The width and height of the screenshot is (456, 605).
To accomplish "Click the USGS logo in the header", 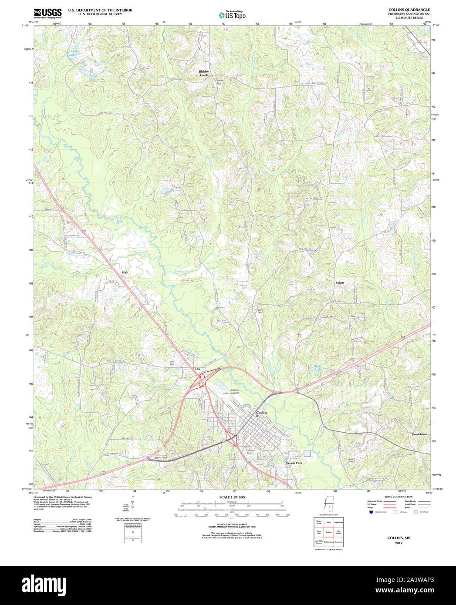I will [47, 13].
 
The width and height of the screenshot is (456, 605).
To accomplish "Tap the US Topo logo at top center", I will [232, 15].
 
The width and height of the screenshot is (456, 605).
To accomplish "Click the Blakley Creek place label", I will [204, 73].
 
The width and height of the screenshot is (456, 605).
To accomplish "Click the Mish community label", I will [125, 272].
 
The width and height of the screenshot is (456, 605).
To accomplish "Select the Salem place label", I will [339, 282].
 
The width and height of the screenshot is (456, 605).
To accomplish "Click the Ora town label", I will [198, 369].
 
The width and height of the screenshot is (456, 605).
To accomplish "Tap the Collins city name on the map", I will [261, 412].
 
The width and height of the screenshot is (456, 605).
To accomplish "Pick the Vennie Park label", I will [294, 463].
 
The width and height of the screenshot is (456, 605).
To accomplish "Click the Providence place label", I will [419, 434].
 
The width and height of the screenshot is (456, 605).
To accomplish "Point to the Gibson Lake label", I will [318, 368].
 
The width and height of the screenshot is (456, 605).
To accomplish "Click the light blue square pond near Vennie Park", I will [307, 453].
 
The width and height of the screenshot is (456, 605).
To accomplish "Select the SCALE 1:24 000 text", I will [231, 497].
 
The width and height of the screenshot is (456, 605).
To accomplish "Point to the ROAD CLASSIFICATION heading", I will [399, 497].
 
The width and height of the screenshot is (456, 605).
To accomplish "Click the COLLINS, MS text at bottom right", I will [399, 538].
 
